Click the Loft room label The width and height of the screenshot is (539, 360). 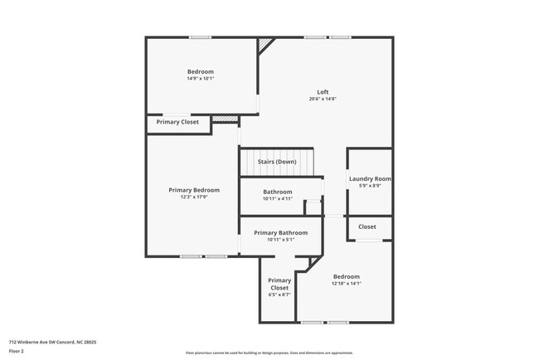323,91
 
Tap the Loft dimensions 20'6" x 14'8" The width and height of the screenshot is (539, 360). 323,99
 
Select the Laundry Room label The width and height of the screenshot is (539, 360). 370,178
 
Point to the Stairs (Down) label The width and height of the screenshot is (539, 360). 277,162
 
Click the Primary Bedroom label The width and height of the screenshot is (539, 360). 194,190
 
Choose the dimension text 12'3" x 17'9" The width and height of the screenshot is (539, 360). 194,197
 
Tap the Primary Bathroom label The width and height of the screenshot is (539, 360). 280,233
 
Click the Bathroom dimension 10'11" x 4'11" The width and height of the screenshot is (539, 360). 278,199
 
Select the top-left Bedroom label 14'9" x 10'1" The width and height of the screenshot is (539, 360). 200,72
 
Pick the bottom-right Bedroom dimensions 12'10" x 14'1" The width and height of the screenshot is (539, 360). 347,284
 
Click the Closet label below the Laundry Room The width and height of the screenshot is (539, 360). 367,226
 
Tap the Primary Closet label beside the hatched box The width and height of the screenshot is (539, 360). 177,122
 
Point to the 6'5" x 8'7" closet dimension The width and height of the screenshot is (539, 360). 279,295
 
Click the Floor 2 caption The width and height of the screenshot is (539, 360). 17,352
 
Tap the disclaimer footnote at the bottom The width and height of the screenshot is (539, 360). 269,353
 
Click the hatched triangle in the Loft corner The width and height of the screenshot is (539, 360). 265,44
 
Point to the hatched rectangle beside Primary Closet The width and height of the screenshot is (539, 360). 224,119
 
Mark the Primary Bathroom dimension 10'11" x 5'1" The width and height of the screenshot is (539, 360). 280,241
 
